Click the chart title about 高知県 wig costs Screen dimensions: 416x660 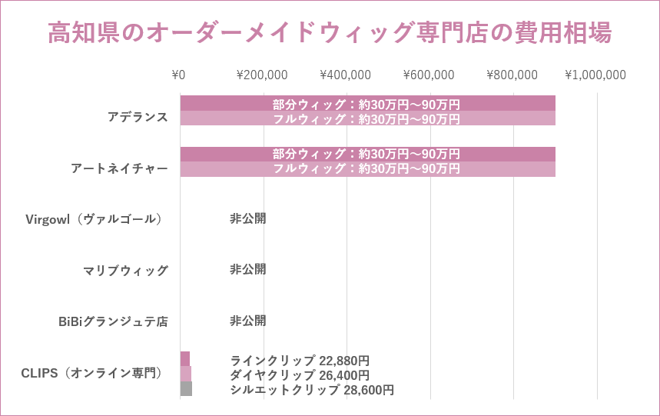(x=330, y=33)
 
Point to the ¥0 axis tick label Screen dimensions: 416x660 (x=178, y=75)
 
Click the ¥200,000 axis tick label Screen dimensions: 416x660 (x=262, y=75)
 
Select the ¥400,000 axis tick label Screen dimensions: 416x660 (x=345, y=75)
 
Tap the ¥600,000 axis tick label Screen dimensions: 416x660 (x=429, y=75)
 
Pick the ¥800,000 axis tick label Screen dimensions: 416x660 (x=512, y=75)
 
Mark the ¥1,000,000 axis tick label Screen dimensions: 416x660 (x=595, y=75)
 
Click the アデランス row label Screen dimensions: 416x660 (x=138, y=117)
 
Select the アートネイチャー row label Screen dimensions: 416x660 (x=119, y=168)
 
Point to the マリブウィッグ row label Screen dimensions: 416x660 (x=125, y=270)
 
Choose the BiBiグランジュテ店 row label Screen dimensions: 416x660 (x=113, y=321)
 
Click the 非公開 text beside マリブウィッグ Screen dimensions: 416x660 (x=247, y=269)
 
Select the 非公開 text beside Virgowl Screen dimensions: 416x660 (x=247, y=218)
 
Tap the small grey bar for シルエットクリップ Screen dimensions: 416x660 (x=186, y=389)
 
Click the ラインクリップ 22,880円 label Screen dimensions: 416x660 (x=300, y=360)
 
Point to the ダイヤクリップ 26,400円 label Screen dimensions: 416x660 (x=300, y=375)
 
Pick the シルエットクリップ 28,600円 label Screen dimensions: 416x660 (x=312, y=390)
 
